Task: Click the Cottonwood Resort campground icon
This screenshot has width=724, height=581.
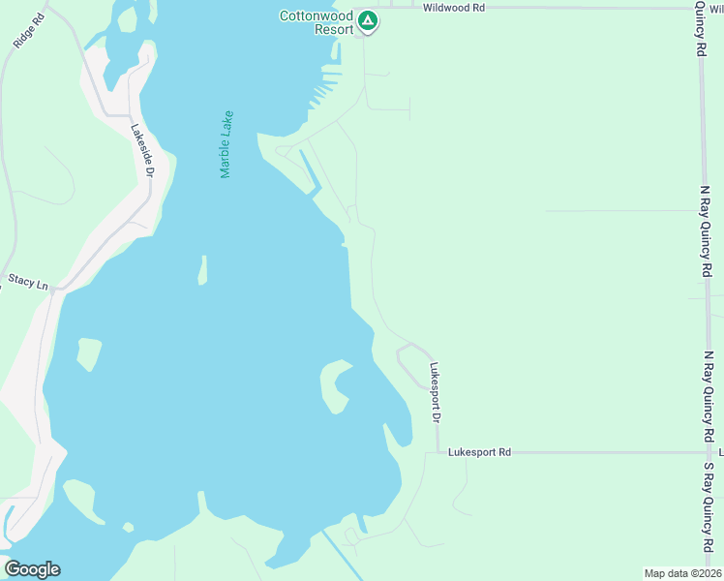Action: click(x=367, y=20)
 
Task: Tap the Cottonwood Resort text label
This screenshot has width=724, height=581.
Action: click(x=316, y=21)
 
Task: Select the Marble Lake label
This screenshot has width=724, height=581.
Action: click(x=226, y=144)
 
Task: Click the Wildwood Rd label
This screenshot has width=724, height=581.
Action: click(x=453, y=7)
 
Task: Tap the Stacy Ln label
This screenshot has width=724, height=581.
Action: click(x=28, y=282)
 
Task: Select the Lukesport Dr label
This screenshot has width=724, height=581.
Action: click(x=435, y=392)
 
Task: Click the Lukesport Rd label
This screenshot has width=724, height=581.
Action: click(x=479, y=452)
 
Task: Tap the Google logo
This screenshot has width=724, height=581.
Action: click(x=32, y=569)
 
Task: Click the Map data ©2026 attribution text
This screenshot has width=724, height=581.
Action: click(x=682, y=573)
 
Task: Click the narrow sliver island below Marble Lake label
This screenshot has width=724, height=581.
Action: click(x=202, y=270)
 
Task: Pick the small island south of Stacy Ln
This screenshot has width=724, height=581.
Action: click(x=88, y=353)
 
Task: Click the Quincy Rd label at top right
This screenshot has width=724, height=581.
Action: click(x=700, y=28)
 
